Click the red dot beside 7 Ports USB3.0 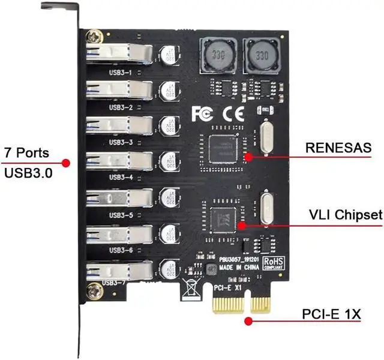coord(66,162)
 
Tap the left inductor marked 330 coord(214,55)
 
